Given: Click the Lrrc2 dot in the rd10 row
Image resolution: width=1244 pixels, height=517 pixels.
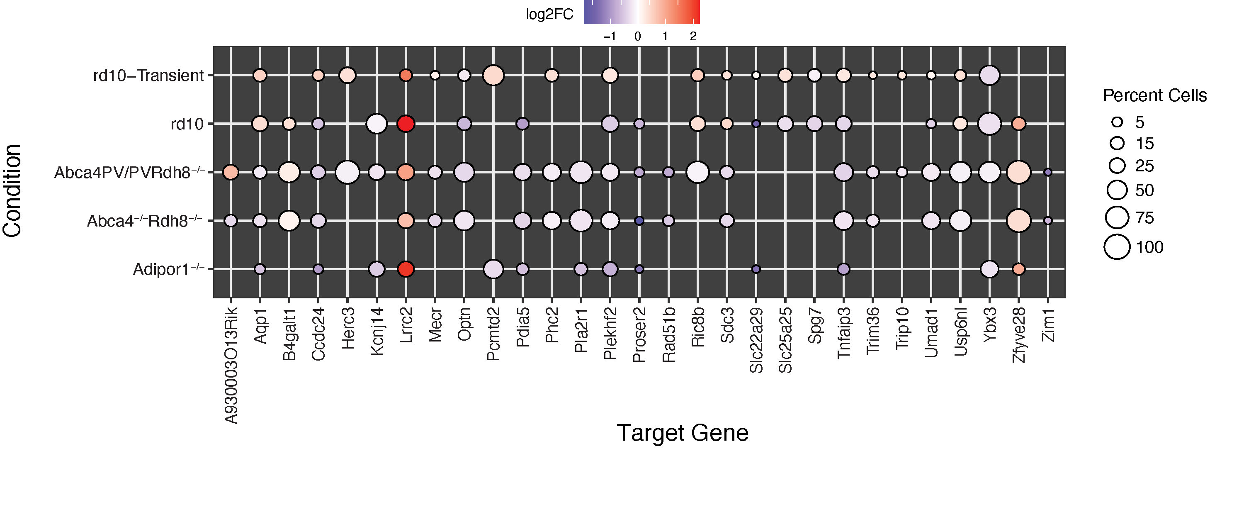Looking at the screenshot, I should point(406,124).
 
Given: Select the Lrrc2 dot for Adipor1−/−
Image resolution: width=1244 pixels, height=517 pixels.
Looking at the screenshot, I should point(406,269).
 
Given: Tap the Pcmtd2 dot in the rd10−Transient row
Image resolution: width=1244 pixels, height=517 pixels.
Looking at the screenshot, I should point(493,76).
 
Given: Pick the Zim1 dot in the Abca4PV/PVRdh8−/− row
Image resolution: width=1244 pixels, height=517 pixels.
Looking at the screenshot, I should point(1047,172).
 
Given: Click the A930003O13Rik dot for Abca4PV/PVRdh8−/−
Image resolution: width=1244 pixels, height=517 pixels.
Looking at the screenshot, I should point(231,172).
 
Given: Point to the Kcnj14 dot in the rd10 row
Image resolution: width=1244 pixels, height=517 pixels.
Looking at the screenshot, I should point(377,124).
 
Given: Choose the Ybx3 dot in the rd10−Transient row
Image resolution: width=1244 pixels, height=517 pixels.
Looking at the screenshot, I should point(989,76).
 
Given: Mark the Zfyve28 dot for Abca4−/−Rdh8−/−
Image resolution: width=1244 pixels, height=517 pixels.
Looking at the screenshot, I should point(1018,221).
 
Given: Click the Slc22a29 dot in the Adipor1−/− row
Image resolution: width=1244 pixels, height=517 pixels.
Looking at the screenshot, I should point(756,269).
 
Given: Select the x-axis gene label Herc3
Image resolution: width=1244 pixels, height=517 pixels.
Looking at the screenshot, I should point(348,329).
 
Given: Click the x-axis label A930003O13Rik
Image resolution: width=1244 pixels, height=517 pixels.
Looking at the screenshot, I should point(231,366).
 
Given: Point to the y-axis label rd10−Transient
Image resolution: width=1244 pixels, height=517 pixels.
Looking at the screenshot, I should point(148,76).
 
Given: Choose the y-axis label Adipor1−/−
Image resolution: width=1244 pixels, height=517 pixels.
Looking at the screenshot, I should point(168,269).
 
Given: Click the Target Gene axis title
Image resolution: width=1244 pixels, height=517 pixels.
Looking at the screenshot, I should point(683,433).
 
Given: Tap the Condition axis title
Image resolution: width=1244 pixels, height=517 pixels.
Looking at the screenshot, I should point(12,191).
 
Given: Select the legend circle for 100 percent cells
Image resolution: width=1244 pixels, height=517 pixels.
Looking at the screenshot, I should point(1117,247).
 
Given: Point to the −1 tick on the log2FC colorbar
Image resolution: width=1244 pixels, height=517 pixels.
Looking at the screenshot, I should point(610,36).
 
